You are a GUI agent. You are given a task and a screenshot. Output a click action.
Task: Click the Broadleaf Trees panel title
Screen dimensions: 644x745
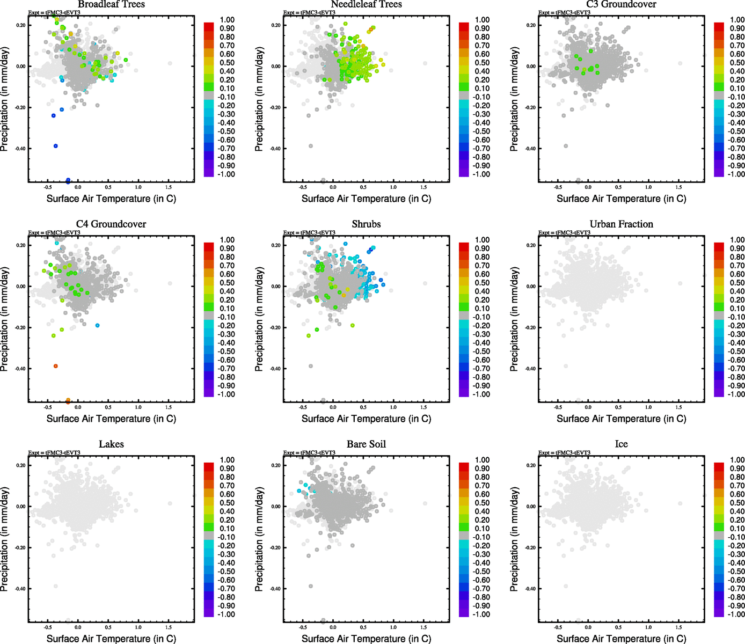click(111, 4)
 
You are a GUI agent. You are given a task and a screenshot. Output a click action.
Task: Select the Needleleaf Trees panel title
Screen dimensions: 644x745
click(366, 4)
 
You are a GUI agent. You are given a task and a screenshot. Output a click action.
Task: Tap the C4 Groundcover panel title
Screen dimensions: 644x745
click(111, 224)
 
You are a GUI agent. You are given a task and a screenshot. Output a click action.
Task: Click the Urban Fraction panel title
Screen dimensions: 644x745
click(621, 224)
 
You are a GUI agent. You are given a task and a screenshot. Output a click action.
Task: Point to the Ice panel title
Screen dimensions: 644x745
click(621, 444)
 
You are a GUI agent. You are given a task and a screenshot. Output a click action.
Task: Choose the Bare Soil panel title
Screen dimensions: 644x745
click(366, 444)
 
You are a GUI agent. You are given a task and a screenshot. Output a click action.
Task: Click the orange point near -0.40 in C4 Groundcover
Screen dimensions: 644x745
click(56, 366)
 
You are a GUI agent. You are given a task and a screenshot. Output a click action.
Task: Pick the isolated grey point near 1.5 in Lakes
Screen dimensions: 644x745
click(170, 503)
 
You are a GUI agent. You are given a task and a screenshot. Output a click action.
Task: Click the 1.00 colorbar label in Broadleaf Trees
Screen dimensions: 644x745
click(227, 20)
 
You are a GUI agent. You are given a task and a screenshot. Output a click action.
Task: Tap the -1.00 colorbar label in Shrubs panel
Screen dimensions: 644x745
click(481, 394)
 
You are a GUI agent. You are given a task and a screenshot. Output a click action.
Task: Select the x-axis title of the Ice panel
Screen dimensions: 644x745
click(621, 639)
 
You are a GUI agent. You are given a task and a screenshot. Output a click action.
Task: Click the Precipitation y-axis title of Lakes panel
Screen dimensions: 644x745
click(5, 539)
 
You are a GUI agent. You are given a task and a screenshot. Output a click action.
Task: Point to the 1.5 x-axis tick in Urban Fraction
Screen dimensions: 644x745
click(678, 407)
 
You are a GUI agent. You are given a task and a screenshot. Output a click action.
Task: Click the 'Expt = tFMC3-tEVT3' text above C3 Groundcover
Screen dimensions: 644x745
click(564, 12)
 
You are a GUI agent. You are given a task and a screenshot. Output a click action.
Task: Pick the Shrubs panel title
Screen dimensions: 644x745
click(366, 224)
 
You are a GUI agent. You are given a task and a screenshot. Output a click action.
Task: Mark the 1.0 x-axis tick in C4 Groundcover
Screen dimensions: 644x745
click(138, 407)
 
